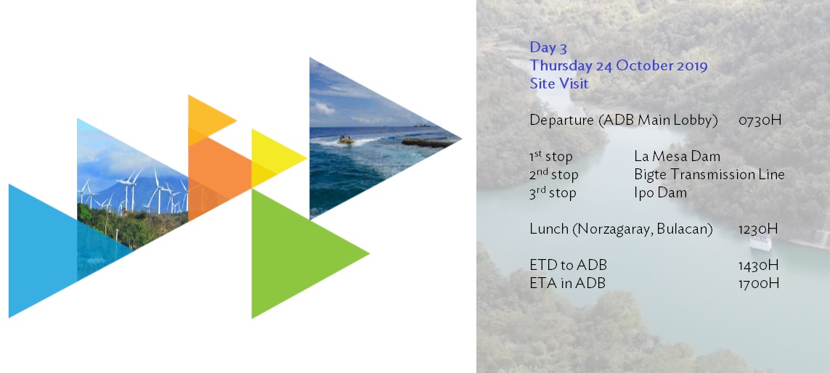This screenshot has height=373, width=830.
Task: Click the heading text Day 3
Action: click(548, 48)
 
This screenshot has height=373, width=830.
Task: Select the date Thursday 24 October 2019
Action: click(619, 66)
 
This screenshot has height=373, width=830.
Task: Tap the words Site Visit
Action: click(559, 83)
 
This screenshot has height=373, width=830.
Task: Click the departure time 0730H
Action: click(760, 120)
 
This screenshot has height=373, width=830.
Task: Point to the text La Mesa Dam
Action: click(677, 157)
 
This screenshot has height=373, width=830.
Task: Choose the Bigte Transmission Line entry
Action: click(709, 175)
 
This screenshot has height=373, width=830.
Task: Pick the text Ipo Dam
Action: click(660, 193)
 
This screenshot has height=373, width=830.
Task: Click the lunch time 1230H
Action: click(758, 229)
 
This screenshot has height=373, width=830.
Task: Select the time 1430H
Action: click(759, 265)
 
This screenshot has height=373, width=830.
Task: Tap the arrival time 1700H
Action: click(759, 284)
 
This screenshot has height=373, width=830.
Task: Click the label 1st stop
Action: click(551, 157)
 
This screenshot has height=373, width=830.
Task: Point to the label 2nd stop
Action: click(553, 175)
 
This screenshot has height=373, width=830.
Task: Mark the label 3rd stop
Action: click(553, 193)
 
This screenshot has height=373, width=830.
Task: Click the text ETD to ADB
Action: click(568, 265)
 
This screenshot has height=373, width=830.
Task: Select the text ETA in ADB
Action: click(567, 284)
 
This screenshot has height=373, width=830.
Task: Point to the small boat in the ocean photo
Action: click(346, 140)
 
